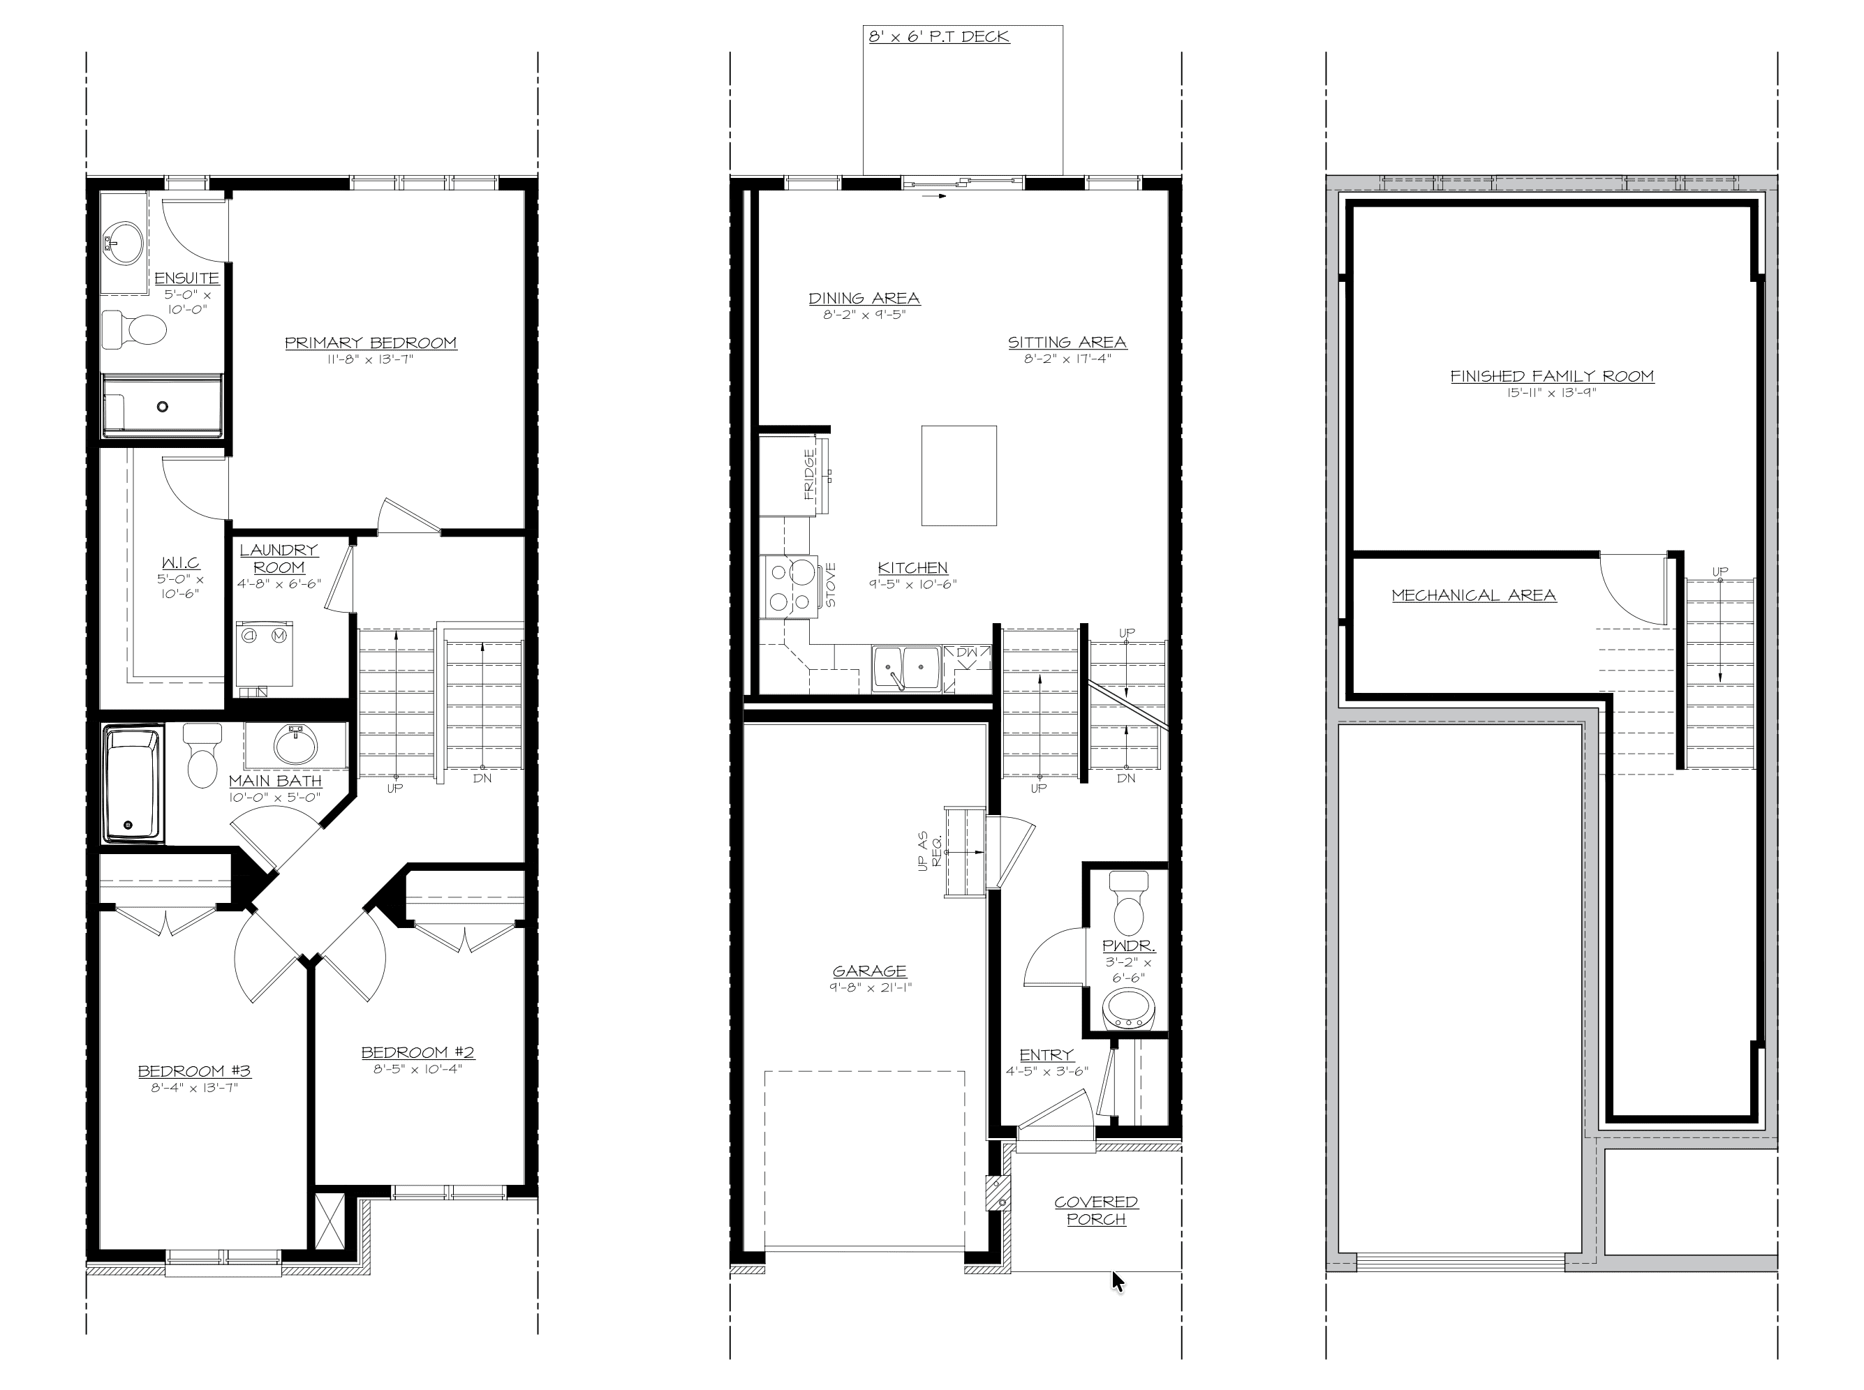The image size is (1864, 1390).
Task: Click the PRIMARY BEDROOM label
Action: [x=371, y=343]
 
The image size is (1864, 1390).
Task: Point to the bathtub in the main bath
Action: [x=132, y=785]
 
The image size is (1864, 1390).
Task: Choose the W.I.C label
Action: [x=180, y=563]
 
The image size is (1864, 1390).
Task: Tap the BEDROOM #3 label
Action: [x=195, y=1071]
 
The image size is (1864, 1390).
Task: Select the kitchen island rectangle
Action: [x=959, y=475]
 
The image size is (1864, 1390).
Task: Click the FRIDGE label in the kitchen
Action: [x=809, y=474]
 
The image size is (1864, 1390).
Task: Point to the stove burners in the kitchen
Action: [x=790, y=586]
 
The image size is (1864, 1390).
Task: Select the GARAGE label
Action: [x=870, y=971]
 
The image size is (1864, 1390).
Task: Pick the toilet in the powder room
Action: [x=1128, y=903]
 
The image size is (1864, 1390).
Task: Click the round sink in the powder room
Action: [x=1128, y=1009]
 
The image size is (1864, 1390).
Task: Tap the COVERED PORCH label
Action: [x=1096, y=1210]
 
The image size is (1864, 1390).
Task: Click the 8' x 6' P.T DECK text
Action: [x=939, y=36]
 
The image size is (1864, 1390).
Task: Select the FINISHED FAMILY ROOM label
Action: [x=1552, y=376]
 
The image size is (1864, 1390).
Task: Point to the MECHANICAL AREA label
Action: [x=1473, y=595]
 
